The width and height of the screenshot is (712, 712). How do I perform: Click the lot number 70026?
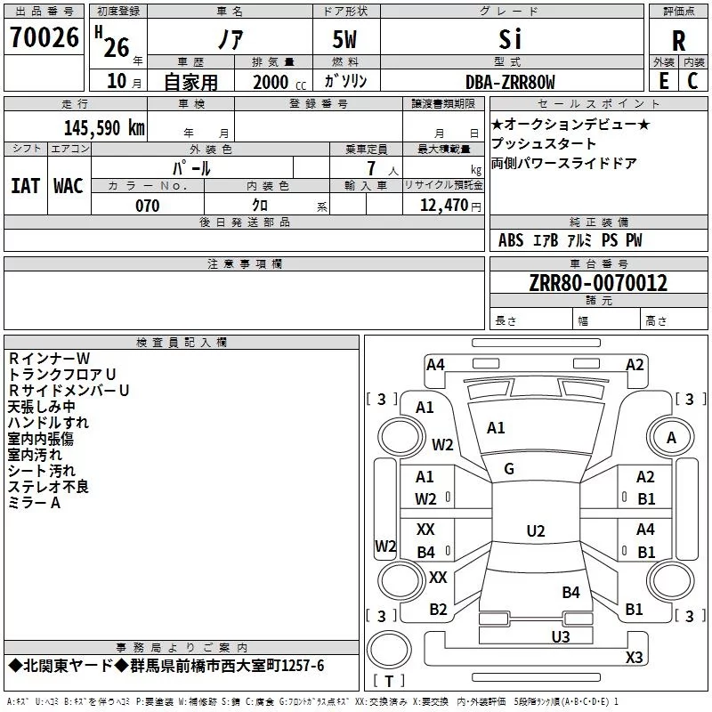pyautogui.click(x=44, y=37)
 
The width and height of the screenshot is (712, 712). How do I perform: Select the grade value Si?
pyautogui.click(x=510, y=39)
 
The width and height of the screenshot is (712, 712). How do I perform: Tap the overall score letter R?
pyautogui.click(x=678, y=40)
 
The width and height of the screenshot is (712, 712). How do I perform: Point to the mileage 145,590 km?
pyautogui.click(x=104, y=128)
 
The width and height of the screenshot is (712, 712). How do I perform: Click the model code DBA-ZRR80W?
pyautogui.click(x=510, y=82)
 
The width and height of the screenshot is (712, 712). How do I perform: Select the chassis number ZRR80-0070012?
pyautogui.click(x=598, y=283)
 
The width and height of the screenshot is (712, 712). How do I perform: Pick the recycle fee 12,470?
pyautogui.click(x=443, y=206)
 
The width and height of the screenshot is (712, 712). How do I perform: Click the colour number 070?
pyautogui.click(x=148, y=206)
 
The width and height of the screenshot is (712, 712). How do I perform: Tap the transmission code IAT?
pyautogui.click(x=26, y=186)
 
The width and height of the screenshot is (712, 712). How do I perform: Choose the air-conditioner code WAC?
pyautogui.click(x=69, y=186)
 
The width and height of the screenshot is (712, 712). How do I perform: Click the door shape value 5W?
pyautogui.click(x=344, y=39)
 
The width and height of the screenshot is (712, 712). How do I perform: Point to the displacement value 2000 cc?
pyautogui.click(x=279, y=82)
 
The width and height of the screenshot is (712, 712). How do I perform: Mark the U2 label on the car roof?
pyautogui.click(x=536, y=530)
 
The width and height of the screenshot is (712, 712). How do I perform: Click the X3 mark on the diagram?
pyautogui.click(x=634, y=657)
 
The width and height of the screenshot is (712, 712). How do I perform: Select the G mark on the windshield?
pyautogui.click(x=509, y=469)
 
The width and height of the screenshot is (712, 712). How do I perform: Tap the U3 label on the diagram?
pyautogui.click(x=561, y=636)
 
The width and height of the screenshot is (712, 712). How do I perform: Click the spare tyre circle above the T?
pyautogui.click(x=389, y=650)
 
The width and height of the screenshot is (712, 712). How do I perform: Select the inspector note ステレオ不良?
pyautogui.click(x=48, y=487)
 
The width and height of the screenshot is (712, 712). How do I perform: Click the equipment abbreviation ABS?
pyautogui.click(x=511, y=240)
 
